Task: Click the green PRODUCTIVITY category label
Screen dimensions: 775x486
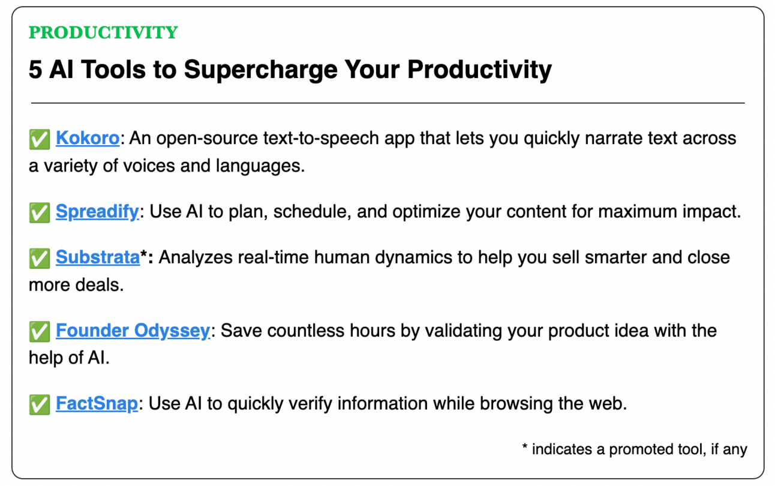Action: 103,32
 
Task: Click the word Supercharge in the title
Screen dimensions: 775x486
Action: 260,70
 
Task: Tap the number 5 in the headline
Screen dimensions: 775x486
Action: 35,70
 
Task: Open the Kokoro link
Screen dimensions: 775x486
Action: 88,138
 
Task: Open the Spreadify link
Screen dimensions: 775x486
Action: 97,211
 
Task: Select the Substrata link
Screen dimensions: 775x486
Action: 98,257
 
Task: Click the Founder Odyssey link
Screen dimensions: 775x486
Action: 133,331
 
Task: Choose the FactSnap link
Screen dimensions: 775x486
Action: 97,404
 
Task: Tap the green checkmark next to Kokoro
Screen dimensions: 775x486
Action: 40,139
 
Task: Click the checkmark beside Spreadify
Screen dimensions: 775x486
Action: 40,212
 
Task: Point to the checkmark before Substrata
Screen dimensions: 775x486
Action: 40,258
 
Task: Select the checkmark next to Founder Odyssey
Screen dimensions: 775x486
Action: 40,332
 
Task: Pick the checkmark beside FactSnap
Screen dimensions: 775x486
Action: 40,404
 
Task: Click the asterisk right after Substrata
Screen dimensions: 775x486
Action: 143,254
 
